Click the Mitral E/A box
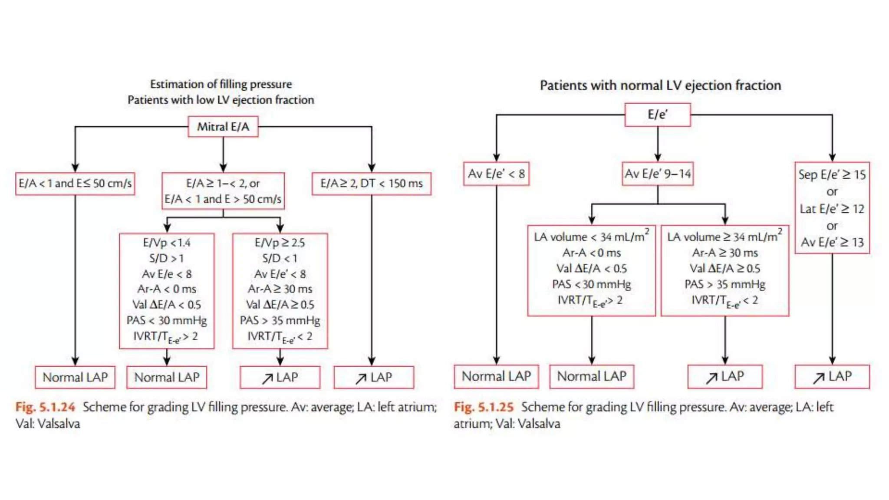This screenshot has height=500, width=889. click(x=223, y=127)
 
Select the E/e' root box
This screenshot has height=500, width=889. click(x=658, y=115)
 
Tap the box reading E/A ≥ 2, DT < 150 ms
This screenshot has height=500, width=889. click(x=372, y=184)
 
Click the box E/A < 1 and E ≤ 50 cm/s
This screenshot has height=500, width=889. click(x=75, y=184)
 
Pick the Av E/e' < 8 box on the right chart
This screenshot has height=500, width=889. click(x=496, y=174)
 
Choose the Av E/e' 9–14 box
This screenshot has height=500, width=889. click(x=658, y=174)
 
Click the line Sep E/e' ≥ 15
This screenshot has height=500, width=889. click(x=832, y=175)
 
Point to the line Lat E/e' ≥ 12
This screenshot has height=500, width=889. click(x=832, y=209)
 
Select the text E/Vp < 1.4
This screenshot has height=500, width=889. click(x=167, y=243)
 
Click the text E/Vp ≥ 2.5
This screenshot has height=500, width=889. click(x=280, y=243)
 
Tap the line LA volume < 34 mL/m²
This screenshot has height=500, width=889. click(x=591, y=237)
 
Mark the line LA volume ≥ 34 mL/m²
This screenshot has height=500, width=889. click(x=724, y=237)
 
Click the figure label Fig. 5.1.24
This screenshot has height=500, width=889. click(x=45, y=407)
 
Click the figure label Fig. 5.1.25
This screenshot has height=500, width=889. click(x=484, y=407)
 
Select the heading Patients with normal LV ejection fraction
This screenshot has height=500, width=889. click(x=660, y=86)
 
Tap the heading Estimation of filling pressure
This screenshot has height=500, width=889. click(x=221, y=84)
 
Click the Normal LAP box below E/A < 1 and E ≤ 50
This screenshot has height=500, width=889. click(x=75, y=377)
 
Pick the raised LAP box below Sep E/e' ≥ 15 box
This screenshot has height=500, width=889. click(x=832, y=377)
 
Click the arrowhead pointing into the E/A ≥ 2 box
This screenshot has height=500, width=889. click(x=372, y=168)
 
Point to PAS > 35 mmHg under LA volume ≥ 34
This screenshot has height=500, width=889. click(x=724, y=284)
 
